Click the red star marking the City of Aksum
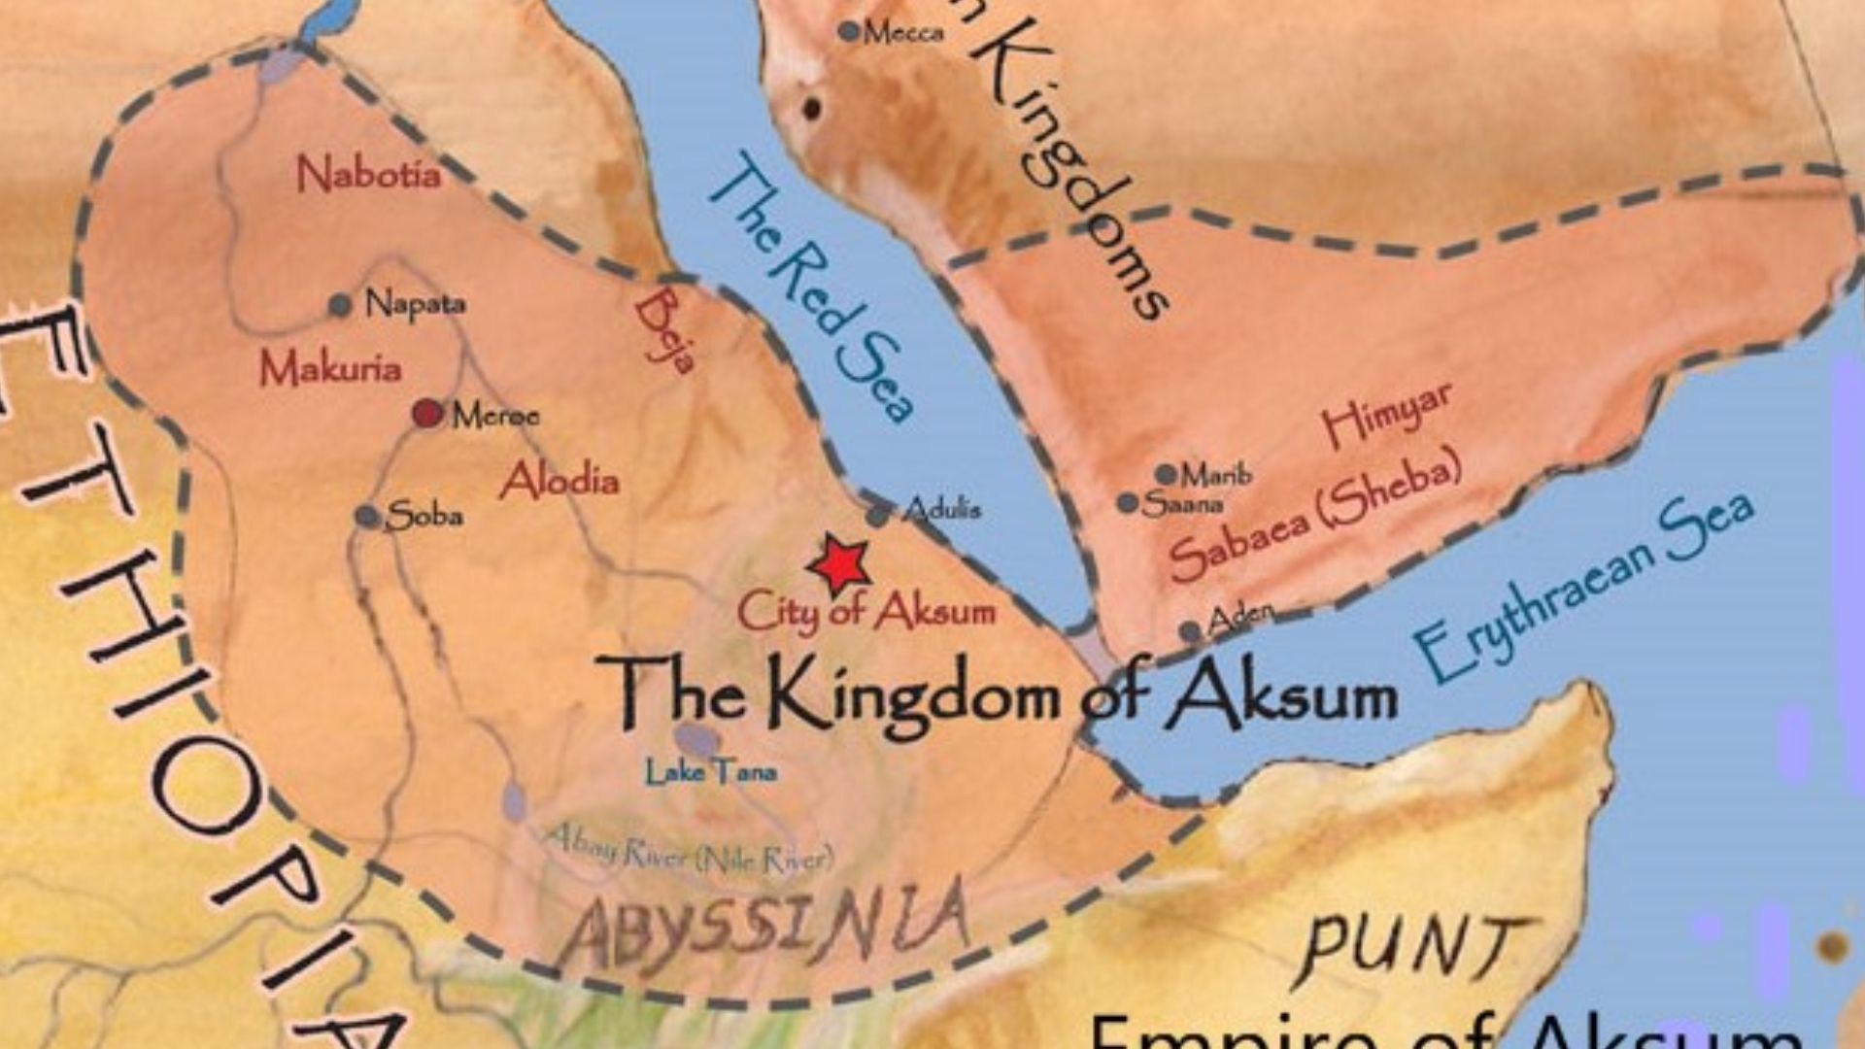pyautogui.click(x=838, y=563)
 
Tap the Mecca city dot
pyautogui.click(x=849, y=32)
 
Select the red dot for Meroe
pyautogui.click(x=426, y=414)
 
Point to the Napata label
pyautogui.click(x=415, y=304)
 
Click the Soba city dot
pyautogui.click(x=367, y=516)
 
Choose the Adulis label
pyautogui.click(x=941, y=509)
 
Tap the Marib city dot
pyautogui.click(x=1166, y=474)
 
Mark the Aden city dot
pyautogui.click(x=1191, y=631)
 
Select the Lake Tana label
pyautogui.click(x=711, y=773)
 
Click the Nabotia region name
pyautogui.click(x=368, y=175)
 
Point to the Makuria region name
pyautogui.click(x=330, y=368)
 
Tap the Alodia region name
pyautogui.click(x=559, y=480)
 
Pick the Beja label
pyautogui.click(x=665, y=329)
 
